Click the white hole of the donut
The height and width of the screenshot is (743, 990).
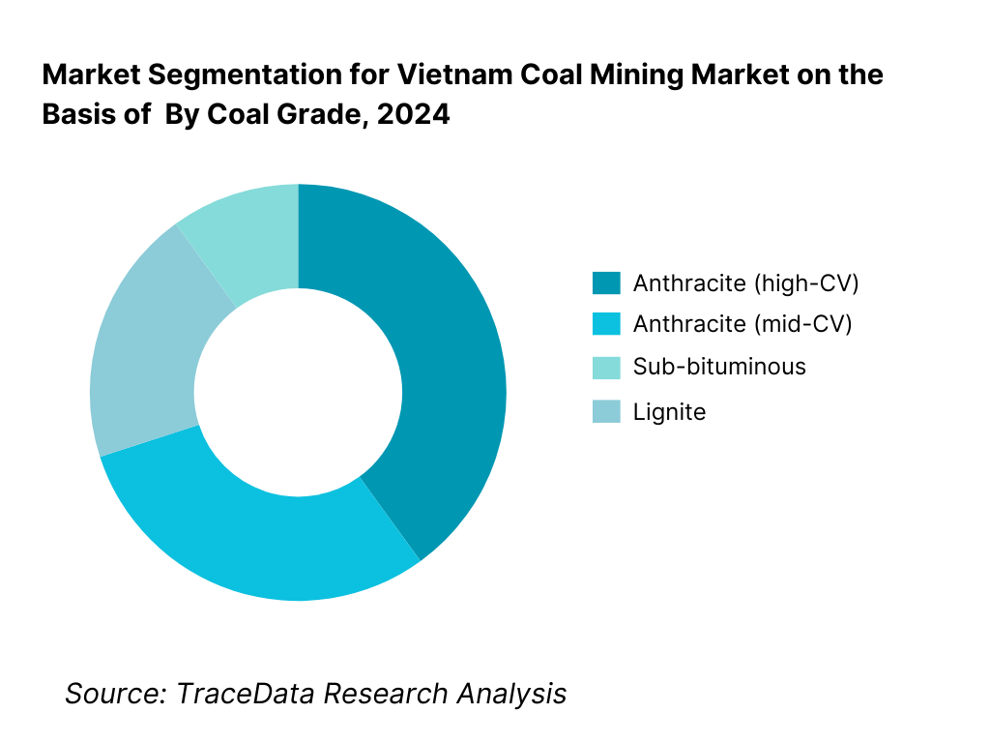pos(298,392)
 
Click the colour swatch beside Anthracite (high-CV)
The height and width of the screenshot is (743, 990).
pos(606,283)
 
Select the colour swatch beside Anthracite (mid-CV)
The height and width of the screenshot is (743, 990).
pos(606,325)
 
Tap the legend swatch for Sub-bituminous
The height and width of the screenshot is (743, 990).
pos(606,367)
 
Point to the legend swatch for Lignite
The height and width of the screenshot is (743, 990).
pos(606,412)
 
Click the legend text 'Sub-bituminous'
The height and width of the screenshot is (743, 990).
pos(719,367)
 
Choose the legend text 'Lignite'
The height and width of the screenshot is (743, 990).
pos(669,412)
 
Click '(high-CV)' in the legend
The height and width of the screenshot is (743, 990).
pos(805,283)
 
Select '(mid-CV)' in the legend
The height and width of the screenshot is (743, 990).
pos(802,325)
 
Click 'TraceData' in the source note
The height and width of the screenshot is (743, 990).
pos(246,693)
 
